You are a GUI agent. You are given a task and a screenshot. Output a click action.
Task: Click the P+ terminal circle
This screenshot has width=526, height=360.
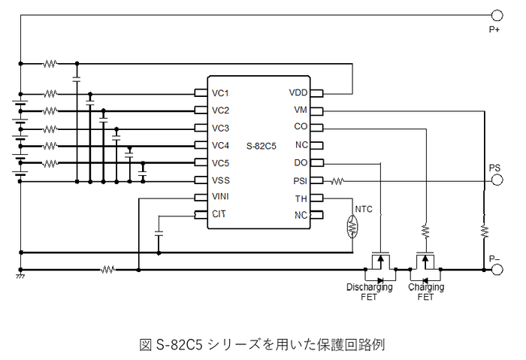pos(496,15)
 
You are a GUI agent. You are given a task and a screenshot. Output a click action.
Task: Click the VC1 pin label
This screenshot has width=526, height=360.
pos(220,93)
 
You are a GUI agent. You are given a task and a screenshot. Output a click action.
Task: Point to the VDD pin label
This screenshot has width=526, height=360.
pos(298,93)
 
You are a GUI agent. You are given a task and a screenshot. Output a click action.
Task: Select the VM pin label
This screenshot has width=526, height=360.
pos(300,110)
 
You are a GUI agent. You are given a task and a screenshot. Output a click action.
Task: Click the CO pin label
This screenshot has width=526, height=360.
pos(300,128)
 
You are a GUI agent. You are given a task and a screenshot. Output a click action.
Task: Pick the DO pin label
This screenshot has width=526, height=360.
pos(300,163)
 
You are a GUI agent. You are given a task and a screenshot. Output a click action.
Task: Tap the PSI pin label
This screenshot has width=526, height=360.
pos(299,180)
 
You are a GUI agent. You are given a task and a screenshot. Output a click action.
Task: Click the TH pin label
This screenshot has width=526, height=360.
pos(301,198)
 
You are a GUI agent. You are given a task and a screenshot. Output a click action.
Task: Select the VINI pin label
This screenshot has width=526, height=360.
pos(221,197)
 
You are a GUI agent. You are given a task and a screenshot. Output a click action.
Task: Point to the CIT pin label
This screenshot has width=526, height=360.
pos(219,214)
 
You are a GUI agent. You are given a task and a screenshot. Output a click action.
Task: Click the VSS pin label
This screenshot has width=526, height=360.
pos(220,180)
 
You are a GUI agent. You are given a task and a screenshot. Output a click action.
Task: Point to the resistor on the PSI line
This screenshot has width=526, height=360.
pos(338,180)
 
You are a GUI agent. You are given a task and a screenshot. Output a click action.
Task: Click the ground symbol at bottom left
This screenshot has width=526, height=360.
pos(20,277)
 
